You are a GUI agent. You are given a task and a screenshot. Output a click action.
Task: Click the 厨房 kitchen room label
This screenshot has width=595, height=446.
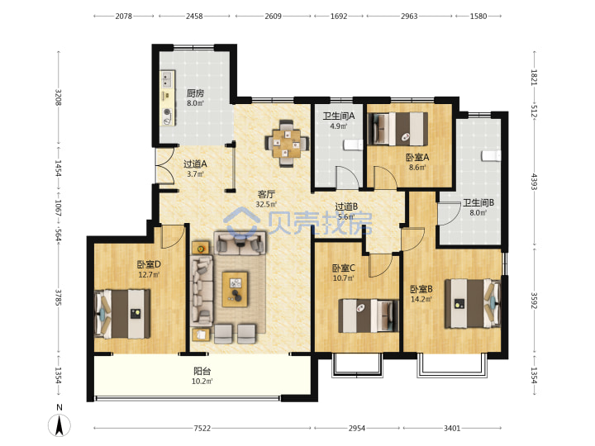tap(195, 93)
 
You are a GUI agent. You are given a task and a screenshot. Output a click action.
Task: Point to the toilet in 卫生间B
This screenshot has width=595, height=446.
tap(492, 155)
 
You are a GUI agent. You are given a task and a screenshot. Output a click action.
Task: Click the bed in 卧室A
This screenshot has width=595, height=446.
tap(398, 129)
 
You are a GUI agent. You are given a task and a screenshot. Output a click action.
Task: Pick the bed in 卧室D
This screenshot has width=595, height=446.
tap(122, 314)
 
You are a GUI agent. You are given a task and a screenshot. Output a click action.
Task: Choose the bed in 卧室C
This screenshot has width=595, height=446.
tap(369, 316)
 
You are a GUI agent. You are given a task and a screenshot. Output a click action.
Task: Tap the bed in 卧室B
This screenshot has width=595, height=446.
tap(473, 303)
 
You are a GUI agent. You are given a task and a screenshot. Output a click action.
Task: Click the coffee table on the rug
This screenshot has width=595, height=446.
tap(235, 289)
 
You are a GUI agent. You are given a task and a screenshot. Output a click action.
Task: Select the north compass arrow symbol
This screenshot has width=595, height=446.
tap(59, 425)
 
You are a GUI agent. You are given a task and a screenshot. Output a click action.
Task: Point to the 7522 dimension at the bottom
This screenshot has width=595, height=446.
tap(202, 428)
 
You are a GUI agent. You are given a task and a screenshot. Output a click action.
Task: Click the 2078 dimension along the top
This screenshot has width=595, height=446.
tap(124, 16)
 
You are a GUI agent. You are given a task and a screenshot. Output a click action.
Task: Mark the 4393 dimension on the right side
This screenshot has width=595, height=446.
tap(534, 182)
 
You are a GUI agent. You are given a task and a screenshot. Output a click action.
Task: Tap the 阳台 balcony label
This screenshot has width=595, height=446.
tap(202, 372)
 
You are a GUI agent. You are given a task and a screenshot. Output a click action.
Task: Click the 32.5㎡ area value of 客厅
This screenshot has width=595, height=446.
tap(266, 205)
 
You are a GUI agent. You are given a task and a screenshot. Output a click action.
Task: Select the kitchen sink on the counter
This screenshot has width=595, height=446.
tap(166, 79)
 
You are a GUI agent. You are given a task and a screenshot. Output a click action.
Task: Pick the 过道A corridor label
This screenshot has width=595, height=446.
tap(195, 164)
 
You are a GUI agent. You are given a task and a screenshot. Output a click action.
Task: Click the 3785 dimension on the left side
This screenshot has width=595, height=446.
tap(58, 297)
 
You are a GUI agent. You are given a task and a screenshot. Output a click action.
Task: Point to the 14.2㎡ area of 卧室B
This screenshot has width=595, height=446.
tap(421, 299)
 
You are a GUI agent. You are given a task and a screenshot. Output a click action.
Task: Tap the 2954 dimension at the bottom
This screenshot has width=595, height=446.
tap(357, 428)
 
